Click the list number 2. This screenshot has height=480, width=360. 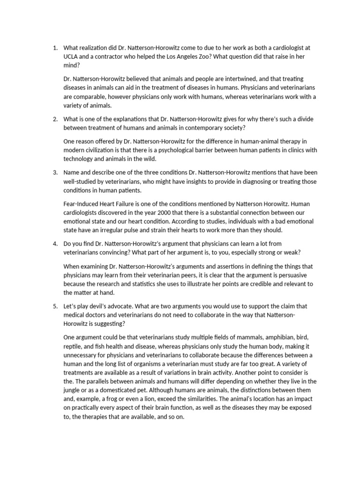pos(54,119)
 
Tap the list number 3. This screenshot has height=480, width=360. pos(54,172)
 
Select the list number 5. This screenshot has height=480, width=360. pos(54,306)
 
